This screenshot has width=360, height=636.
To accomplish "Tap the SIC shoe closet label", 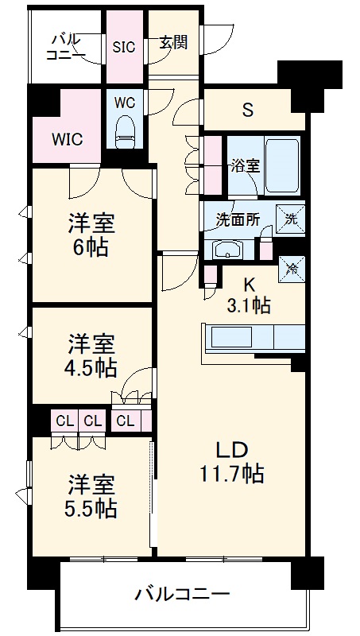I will click(x=123, y=46).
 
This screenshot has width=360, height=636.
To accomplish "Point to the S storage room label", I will click(x=248, y=111).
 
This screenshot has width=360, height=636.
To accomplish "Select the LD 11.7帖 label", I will click(x=231, y=461).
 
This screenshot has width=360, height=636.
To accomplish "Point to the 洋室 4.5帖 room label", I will click(x=90, y=355).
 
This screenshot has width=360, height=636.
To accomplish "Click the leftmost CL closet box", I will click(x=64, y=420).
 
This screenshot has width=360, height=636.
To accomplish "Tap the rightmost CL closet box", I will click(x=126, y=420).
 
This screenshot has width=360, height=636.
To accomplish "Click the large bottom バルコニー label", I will click(x=182, y=594).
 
